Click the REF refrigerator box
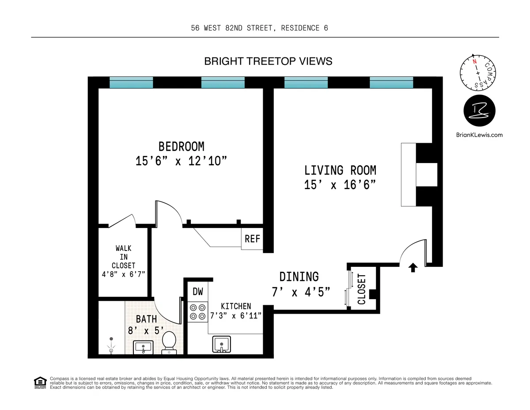[252, 239]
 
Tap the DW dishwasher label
[197, 292]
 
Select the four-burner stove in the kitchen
[197, 311]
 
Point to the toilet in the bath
[169, 342]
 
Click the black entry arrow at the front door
[413, 268]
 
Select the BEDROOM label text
[181, 146]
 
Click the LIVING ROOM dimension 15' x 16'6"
[340, 185]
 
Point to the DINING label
[299, 277]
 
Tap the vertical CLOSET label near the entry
[362, 289]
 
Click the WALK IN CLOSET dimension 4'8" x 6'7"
[123, 274]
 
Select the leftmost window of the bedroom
[131, 83]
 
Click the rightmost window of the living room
[391, 83]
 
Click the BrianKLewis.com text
[479, 135]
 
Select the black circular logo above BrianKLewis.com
[479, 111]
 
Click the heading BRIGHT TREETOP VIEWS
[268, 61]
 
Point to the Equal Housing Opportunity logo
[40, 382]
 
